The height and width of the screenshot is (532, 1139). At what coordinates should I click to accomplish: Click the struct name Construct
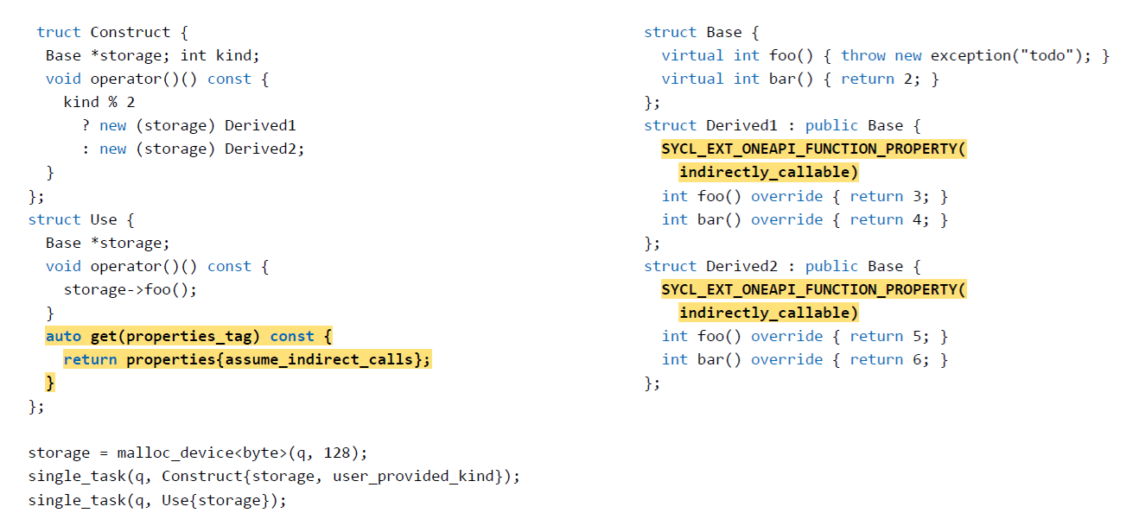coord(130,32)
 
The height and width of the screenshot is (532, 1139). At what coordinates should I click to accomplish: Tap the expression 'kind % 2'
coord(99,102)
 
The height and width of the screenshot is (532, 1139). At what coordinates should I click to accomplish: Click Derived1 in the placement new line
coord(260,125)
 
